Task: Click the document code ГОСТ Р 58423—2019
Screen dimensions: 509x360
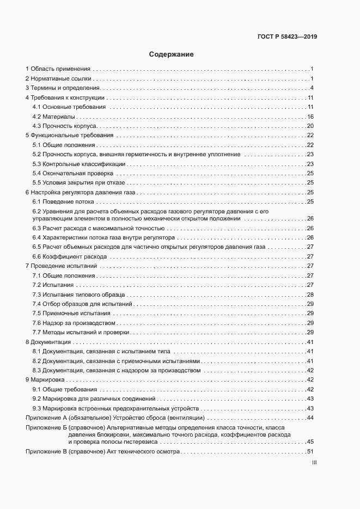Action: click(287, 37)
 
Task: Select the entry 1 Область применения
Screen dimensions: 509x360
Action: click(58, 69)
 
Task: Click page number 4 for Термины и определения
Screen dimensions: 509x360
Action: click(312, 88)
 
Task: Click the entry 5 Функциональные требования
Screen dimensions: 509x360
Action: click(70, 136)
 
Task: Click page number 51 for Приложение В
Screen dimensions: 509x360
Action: click(310, 452)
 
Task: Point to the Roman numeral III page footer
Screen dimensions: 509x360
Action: click(314, 462)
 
